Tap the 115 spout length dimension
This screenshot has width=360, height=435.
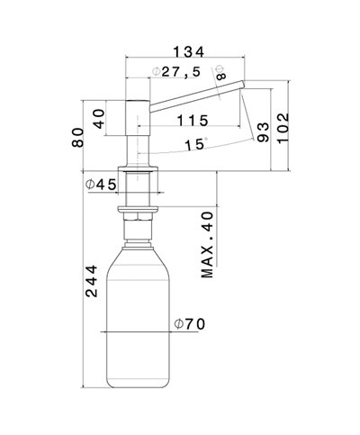click(x=193, y=120)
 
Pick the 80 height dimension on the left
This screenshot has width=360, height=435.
click(x=79, y=136)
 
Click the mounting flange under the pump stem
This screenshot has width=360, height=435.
click(x=139, y=172)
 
